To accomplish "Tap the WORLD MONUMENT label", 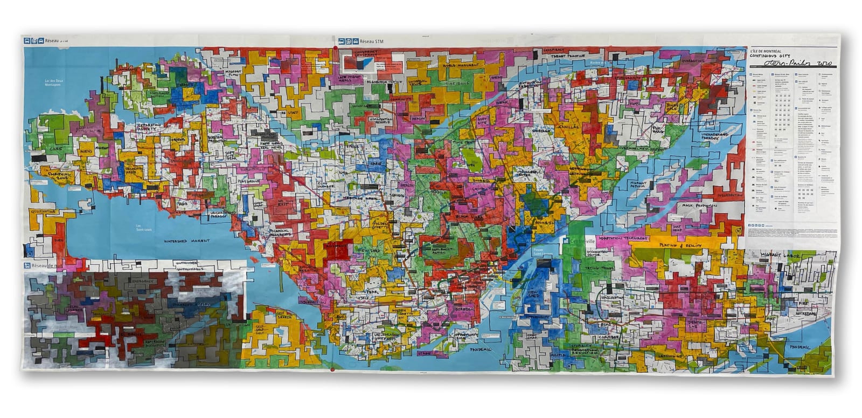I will [457, 65].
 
